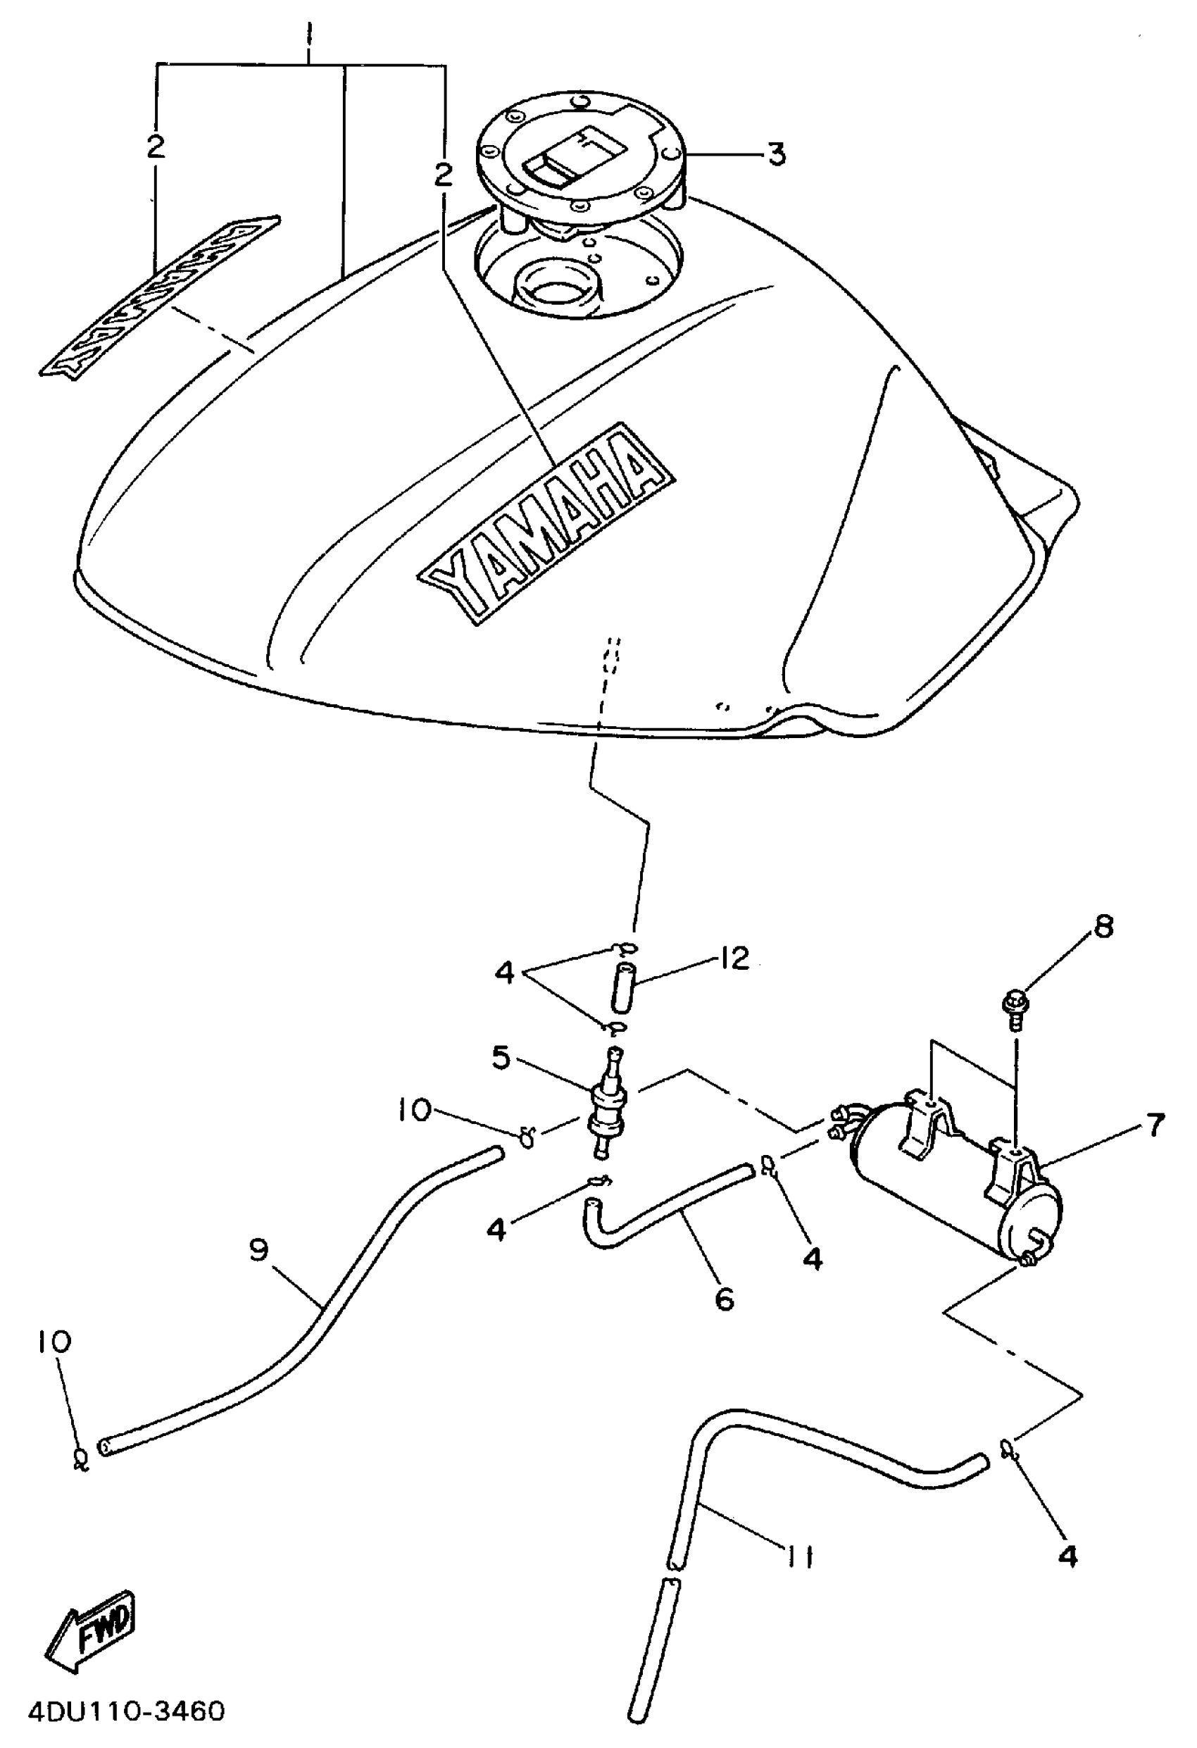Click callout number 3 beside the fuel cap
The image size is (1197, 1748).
(776, 154)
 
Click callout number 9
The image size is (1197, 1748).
(258, 1251)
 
